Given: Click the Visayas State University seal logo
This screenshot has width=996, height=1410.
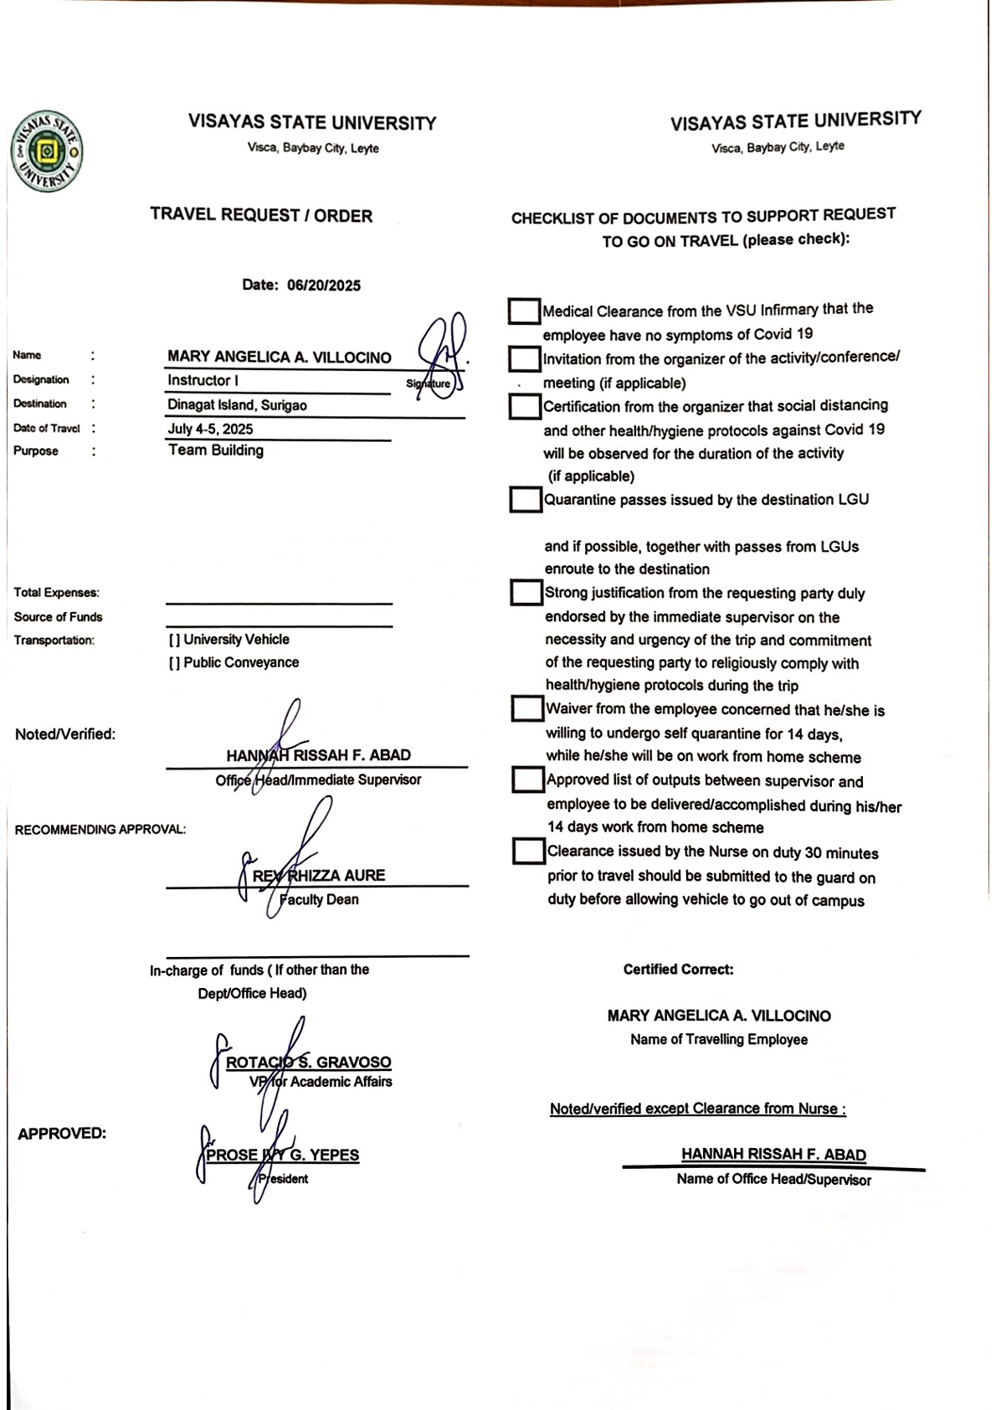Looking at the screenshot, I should pyautogui.click(x=47, y=152).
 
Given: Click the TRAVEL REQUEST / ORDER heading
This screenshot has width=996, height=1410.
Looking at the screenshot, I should pyautogui.click(x=261, y=215).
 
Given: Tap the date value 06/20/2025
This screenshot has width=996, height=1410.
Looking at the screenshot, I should pyautogui.click(x=323, y=286).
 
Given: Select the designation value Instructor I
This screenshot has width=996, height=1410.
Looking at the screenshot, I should pyautogui.click(x=203, y=380).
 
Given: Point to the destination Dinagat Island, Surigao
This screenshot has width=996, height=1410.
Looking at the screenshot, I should pyautogui.click(x=237, y=405).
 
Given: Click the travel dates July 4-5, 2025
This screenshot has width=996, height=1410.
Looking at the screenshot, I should pyautogui.click(x=210, y=430).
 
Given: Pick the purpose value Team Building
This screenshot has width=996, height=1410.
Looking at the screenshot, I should pyautogui.click(x=216, y=450).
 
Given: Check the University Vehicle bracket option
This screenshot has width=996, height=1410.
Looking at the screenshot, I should pyautogui.click(x=174, y=640).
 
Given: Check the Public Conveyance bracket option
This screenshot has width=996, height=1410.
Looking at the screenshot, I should pyautogui.click(x=174, y=663).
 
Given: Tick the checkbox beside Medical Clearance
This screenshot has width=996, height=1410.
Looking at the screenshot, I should pyautogui.click(x=524, y=311).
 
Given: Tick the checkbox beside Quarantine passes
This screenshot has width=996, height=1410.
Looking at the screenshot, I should pyautogui.click(x=526, y=500).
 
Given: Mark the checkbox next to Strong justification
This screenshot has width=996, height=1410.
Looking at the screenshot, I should pyautogui.click(x=526, y=593).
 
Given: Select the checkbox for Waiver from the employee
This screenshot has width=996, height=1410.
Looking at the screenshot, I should pyautogui.click(x=527, y=709).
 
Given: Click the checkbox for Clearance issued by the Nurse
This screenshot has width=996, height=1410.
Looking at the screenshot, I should pyautogui.click(x=528, y=852).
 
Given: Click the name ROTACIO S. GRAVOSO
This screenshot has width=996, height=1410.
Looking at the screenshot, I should pyautogui.click(x=308, y=1063).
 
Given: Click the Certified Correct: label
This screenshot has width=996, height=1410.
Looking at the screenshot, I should pyautogui.click(x=678, y=970).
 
